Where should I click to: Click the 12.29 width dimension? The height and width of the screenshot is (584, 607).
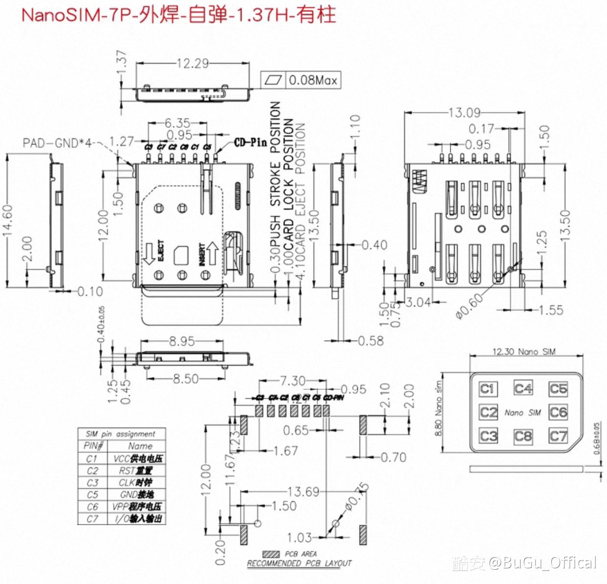pos(193,64)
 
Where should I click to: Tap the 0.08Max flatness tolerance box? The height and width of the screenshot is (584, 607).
pos(300,80)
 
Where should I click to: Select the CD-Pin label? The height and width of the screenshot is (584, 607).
pos(250,142)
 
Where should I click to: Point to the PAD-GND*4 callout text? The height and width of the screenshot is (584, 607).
pos(57,143)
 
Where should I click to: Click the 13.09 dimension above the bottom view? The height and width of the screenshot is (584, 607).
pos(464,113)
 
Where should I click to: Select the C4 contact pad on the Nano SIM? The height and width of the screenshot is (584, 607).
pos(523,389)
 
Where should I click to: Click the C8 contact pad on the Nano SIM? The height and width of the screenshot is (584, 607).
pos(523,435)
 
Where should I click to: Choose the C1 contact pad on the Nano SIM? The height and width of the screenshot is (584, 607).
pos(487,389)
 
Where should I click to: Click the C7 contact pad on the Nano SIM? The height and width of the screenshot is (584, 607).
pos(558,435)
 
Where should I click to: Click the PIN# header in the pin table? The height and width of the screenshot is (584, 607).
pos(93,446)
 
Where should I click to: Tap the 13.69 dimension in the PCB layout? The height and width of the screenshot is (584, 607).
pos(302,491)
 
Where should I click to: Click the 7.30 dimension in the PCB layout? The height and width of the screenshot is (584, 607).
pos(292,380)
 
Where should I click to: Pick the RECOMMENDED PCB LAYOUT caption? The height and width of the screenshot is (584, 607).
pos(299,563)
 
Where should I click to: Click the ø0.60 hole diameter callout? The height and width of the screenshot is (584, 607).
pos(468,306)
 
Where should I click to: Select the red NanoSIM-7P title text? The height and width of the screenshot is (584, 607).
pos(179,15)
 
